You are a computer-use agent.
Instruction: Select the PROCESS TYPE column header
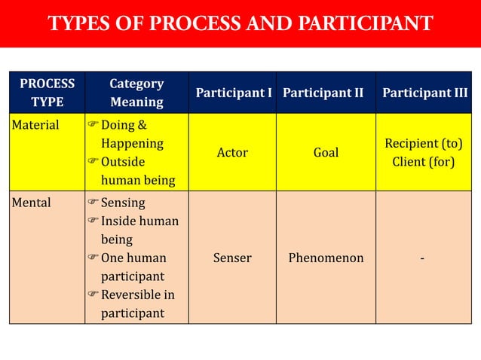(47, 93)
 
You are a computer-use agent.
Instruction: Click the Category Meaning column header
(136, 93)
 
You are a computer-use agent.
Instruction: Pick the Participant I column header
(234, 93)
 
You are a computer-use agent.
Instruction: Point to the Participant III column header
(424, 93)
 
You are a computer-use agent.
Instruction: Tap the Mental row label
(32, 203)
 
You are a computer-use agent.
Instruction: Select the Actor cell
(232, 153)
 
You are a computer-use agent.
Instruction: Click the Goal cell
(326, 153)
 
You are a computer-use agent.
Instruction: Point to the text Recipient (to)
(424, 143)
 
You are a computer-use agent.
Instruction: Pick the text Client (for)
(424, 162)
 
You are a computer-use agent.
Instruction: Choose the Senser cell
(232, 258)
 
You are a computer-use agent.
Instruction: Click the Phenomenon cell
(326, 258)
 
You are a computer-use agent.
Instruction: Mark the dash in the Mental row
(423, 258)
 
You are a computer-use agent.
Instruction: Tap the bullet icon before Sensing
(93, 203)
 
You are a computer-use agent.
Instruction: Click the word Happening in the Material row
(132, 143)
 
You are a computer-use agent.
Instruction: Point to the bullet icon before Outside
(93, 162)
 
